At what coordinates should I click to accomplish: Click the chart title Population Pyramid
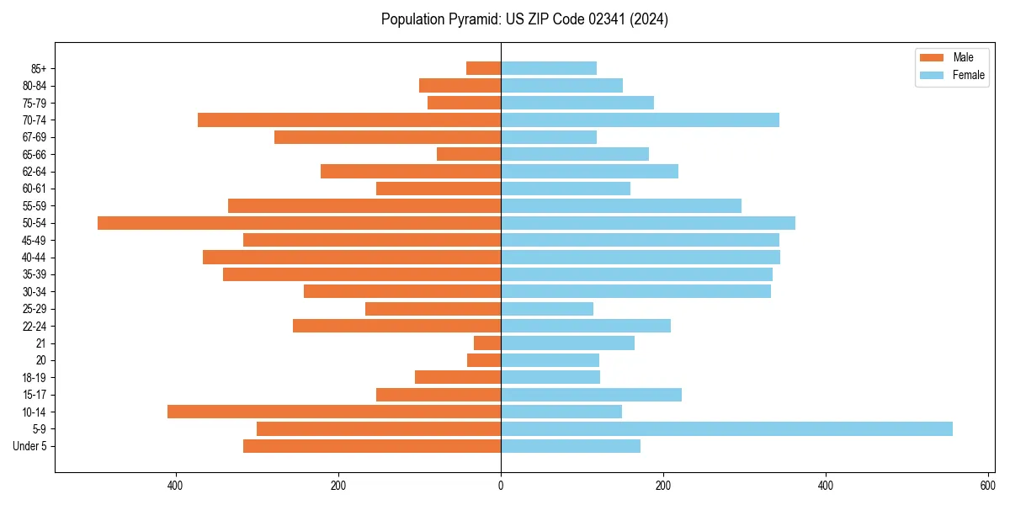[524, 19]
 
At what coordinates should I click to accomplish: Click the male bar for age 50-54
[299, 223]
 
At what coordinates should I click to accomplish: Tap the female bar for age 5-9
[726, 429]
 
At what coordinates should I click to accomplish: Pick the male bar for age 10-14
[334, 412]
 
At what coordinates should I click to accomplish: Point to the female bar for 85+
[549, 68]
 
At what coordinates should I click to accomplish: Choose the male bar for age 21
[487, 343]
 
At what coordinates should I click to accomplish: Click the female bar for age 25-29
[547, 309]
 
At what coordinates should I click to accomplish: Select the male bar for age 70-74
[349, 120]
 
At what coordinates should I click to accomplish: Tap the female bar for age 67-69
[549, 137]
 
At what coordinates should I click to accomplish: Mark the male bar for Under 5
[372, 446]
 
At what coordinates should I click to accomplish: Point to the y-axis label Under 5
[29, 446]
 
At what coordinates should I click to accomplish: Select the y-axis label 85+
[39, 69]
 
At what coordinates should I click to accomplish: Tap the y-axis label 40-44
[34, 258]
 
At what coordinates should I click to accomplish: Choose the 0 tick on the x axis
[501, 486]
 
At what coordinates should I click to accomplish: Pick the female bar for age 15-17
[591, 395]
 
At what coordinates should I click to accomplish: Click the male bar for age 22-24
[396, 326]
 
